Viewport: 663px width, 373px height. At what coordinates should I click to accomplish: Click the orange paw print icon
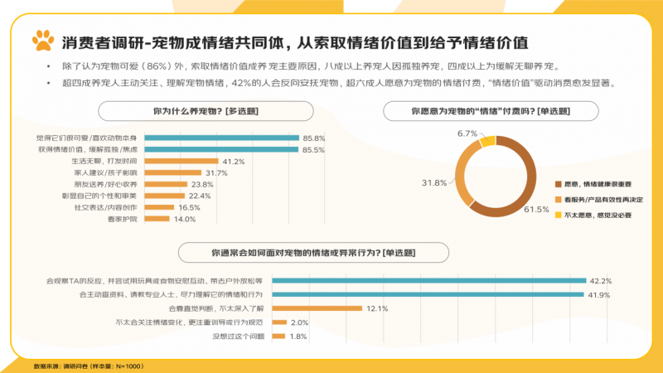(42, 40)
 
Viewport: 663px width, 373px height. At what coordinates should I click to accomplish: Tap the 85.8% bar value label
(313, 138)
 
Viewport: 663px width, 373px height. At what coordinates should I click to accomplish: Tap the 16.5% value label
(190, 207)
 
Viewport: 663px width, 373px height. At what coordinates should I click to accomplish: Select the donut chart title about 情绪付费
(490, 110)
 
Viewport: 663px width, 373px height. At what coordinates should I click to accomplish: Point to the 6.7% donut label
(467, 133)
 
